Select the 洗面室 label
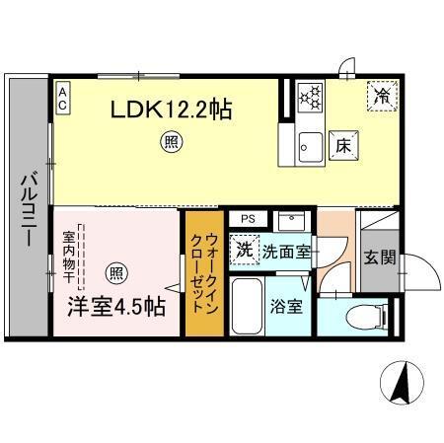click(286, 252)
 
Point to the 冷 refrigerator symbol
click(380, 95)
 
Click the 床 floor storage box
click(343, 144)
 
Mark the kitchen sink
click(309, 143)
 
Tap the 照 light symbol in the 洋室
click(116, 273)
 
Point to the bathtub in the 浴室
click(249, 309)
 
